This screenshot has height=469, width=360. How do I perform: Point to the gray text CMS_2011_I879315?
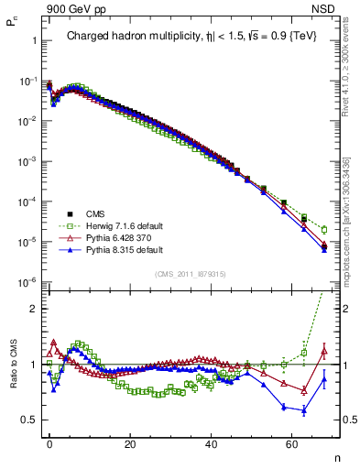(192, 274)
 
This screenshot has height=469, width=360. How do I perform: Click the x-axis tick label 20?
(130, 442)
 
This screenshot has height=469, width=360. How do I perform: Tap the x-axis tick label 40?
(211, 442)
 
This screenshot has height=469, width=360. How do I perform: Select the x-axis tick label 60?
(291, 442)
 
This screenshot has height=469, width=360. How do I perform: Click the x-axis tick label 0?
(49, 442)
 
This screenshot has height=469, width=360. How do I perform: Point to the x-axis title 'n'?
(336, 456)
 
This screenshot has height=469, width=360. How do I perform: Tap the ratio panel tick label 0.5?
(29, 420)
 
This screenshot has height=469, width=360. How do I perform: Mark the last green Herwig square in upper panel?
(324, 229)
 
